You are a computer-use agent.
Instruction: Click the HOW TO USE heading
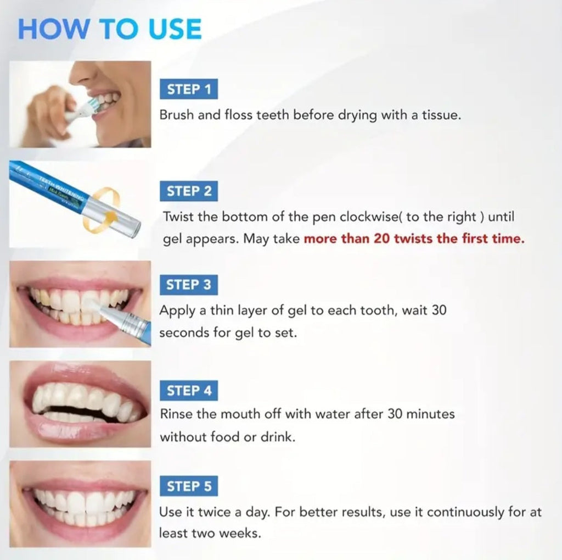tap(110, 29)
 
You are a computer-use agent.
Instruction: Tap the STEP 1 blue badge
tap(189, 90)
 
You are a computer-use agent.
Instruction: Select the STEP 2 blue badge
tap(189, 191)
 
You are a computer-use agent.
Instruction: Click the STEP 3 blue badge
tap(188, 285)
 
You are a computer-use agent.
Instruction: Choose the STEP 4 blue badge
tap(189, 391)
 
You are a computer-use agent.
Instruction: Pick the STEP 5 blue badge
tap(189, 486)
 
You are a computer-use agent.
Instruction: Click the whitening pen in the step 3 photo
tap(126, 324)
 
